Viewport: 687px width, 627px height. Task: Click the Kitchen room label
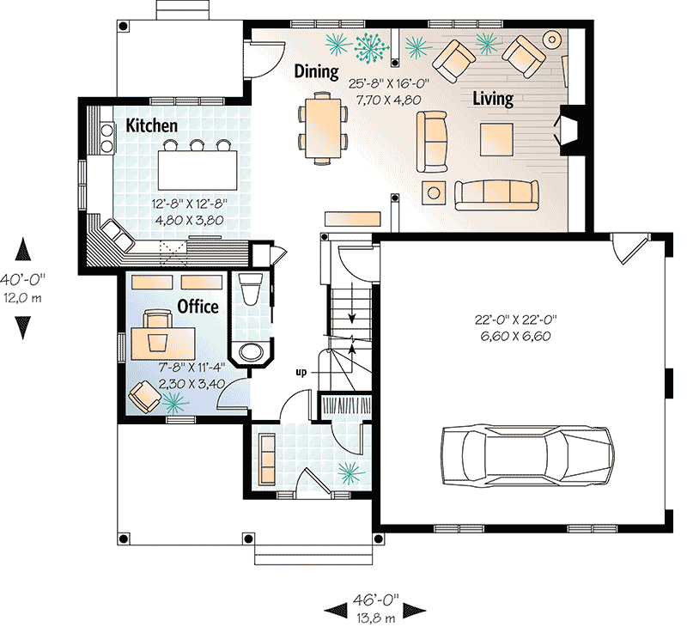point(152,125)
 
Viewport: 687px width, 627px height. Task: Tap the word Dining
point(316,71)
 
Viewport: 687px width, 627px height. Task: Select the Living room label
point(493,99)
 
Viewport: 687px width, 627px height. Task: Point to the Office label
point(198,307)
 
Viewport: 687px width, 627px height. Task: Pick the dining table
point(323,126)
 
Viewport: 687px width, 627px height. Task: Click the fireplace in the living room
point(569,129)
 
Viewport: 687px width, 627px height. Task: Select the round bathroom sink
point(252,352)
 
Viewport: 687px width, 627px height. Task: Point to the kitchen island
point(198,161)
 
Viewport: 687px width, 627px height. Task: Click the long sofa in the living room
point(495,196)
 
